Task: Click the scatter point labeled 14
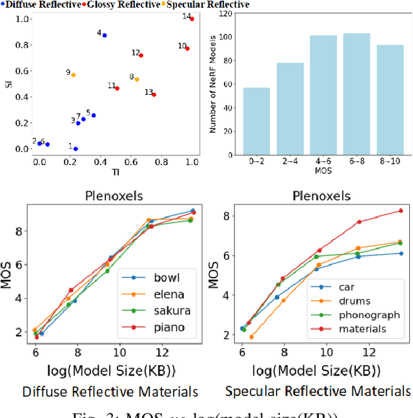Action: point(192,19)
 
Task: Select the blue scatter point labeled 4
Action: point(105,35)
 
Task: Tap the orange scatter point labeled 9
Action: point(74,75)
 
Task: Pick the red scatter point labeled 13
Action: point(154,95)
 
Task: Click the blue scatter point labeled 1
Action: point(76,149)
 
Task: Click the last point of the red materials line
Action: point(400,210)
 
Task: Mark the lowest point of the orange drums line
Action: point(251,337)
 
